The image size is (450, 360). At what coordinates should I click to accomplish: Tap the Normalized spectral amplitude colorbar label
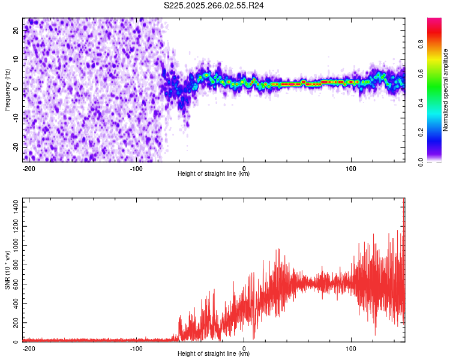(445, 90)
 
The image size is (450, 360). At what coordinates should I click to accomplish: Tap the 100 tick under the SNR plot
(351, 348)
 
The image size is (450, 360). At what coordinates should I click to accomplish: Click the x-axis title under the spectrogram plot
(214, 174)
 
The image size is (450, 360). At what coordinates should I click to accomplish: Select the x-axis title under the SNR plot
(214, 354)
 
